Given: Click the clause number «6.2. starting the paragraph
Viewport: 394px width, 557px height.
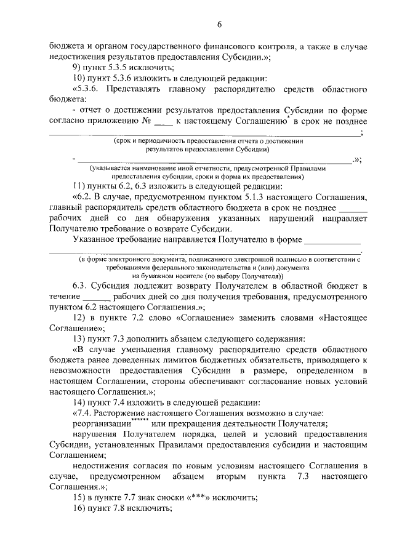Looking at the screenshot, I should point(86,197).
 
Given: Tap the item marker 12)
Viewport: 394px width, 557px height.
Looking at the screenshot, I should point(80,317).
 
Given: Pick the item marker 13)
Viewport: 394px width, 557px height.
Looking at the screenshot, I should point(80,339).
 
